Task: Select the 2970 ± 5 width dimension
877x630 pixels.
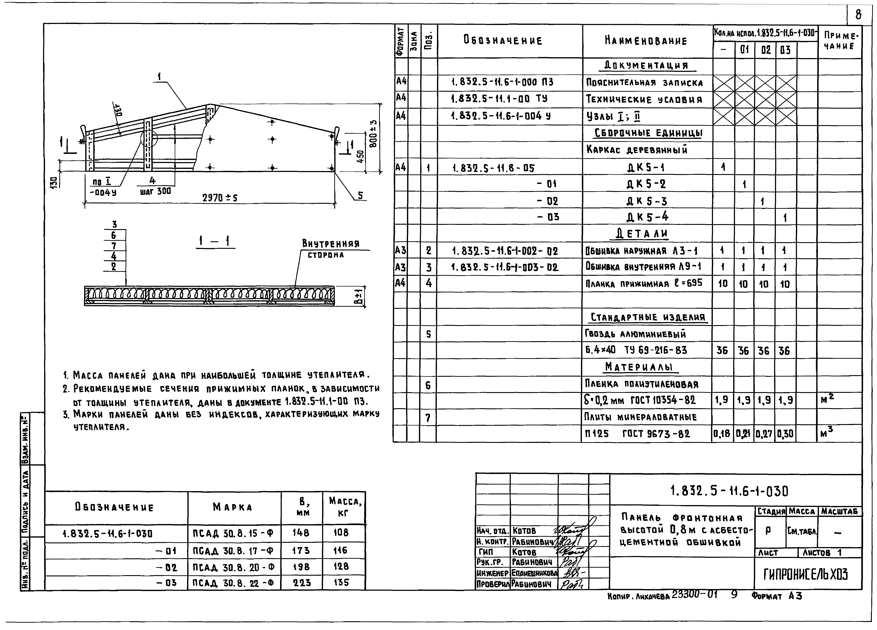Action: click(x=220, y=198)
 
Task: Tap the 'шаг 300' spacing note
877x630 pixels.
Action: click(x=155, y=191)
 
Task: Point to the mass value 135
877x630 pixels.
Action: click(x=341, y=582)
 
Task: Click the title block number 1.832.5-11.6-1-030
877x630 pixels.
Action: click(x=729, y=491)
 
